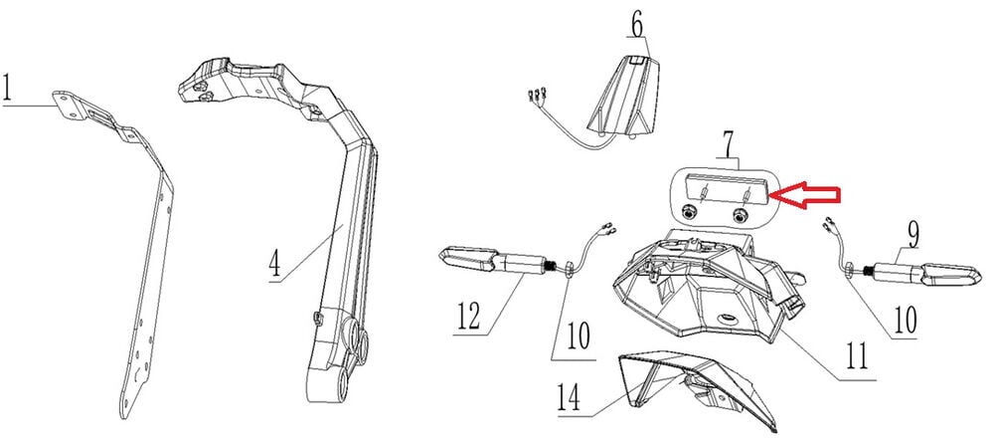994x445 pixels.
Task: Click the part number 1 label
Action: [x=8, y=90]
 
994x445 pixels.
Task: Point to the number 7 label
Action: [x=730, y=144]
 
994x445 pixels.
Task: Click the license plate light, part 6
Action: [x=625, y=99]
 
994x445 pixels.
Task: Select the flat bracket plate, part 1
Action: [x=149, y=269]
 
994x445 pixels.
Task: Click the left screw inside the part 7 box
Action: [x=688, y=213]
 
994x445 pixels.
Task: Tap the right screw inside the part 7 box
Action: [x=739, y=214]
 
